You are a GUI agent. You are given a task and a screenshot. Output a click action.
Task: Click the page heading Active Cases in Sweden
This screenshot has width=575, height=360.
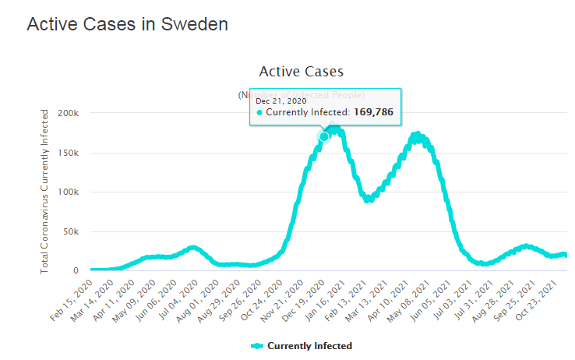point(127,24)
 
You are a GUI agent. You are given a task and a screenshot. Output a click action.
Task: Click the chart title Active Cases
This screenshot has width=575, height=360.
point(301,72)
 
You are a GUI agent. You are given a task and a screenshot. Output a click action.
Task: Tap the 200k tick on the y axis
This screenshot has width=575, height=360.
point(68,113)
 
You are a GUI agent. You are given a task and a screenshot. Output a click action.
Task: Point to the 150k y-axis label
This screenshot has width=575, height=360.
point(68,153)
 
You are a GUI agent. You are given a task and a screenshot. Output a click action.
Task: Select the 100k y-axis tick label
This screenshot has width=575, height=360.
point(68,192)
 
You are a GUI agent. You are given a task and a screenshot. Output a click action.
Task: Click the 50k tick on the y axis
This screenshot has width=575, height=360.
point(70,232)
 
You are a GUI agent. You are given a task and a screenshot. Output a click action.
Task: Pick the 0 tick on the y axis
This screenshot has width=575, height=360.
point(75,271)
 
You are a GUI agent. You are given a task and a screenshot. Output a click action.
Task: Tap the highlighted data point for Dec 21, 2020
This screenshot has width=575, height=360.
point(325,136)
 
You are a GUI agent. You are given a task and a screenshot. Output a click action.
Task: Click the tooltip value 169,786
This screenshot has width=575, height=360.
point(375,113)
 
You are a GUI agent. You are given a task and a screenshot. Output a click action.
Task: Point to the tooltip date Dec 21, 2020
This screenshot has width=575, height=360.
point(280,100)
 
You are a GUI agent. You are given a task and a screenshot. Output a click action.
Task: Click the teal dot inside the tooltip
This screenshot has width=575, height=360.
point(259,113)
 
